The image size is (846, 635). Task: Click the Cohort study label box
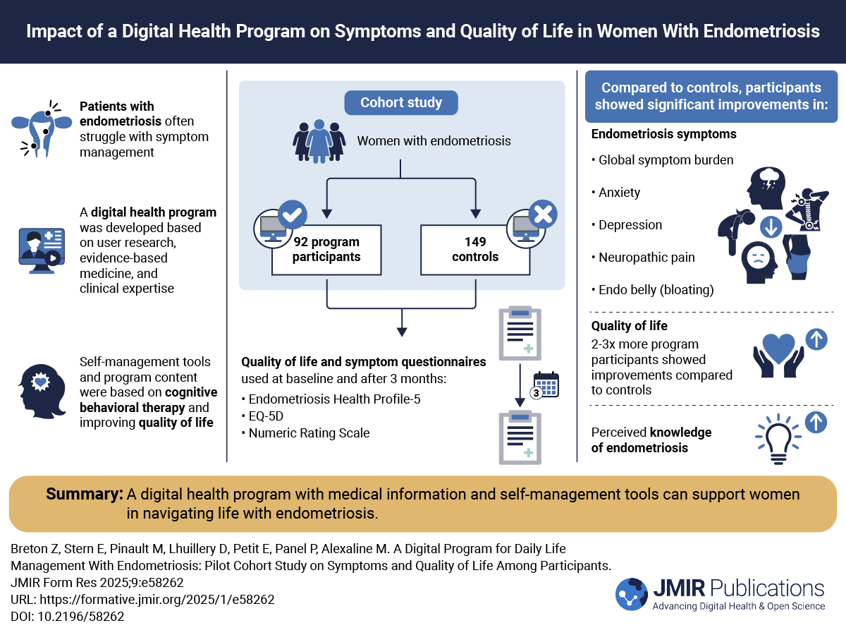pyautogui.click(x=401, y=102)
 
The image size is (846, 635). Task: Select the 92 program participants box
pyautogui.click(x=326, y=249)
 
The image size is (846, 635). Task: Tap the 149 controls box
pyautogui.click(x=474, y=249)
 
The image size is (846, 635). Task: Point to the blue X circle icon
pyautogui.click(x=541, y=213)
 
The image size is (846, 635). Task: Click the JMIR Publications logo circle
pyautogui.click(x=632, y=593)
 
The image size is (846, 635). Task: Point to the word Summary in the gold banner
pyautogui.click(x=85, y=495)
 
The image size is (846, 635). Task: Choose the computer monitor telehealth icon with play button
pyautogui.click(x=41, y=247)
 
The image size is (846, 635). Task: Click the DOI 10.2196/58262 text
pyautogui.click(x=68, y=616)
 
